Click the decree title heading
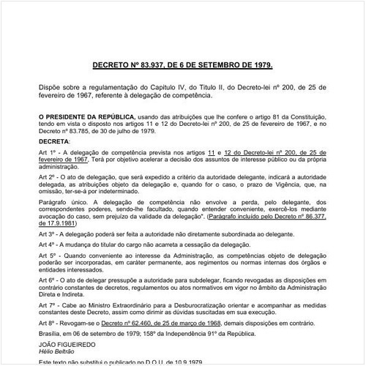coord(182,65)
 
